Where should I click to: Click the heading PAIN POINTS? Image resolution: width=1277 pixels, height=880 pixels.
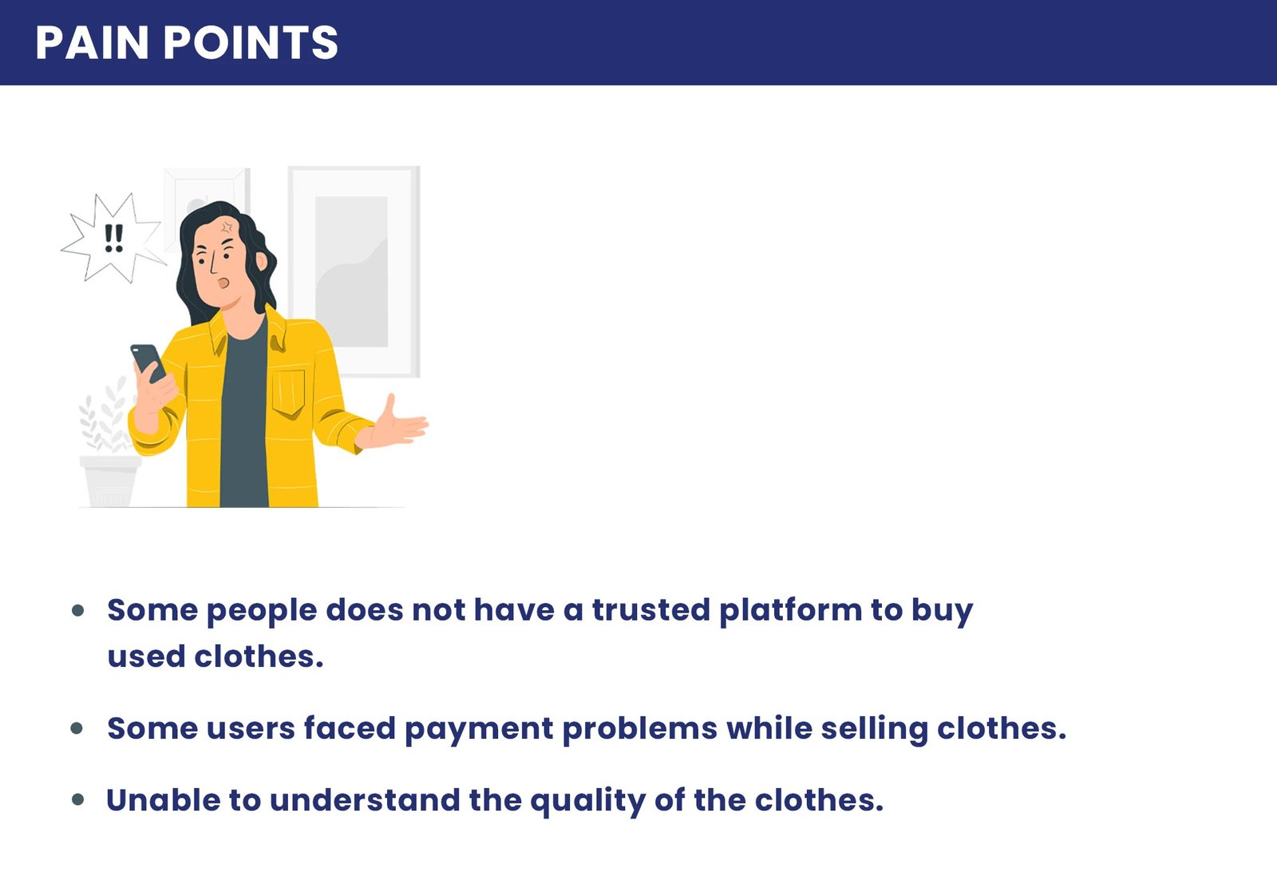(x=187, y=42)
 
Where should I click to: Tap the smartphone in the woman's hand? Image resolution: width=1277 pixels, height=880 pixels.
(x=148, y=363)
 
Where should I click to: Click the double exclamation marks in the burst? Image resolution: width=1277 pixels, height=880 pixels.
(x=114, y=239)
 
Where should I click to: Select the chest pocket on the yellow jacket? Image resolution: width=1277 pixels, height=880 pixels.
(x=288, y=392)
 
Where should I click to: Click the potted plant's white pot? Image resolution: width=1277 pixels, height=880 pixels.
(x=110, y=481)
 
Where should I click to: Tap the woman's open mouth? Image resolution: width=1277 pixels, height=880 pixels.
(x=223, y=283)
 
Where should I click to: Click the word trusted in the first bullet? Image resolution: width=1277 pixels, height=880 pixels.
(x=651, y=609)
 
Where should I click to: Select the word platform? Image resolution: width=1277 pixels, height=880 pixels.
(x=791, y=611)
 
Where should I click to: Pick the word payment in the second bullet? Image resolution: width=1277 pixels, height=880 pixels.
(x=479, y=729)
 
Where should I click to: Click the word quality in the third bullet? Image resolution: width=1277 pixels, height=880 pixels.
(x=587, y=801)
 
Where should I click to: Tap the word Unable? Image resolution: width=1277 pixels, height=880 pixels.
(x=163, y=799)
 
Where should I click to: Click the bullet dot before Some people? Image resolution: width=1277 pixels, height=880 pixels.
(x=78, y=611)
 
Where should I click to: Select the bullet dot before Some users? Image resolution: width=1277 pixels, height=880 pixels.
(x=77, y=728)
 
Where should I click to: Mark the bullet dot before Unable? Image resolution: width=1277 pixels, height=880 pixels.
(x=78, y=799)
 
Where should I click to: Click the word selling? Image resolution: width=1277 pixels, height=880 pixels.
(x=874, y=729)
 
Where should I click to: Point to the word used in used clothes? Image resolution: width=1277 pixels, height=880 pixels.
(x=146, y=656)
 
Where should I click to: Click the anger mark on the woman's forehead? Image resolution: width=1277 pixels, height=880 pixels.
(x=227, y=228)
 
